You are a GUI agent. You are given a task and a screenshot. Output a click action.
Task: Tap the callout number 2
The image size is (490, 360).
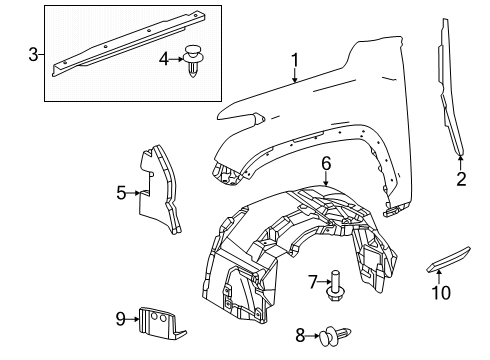pos(461,180)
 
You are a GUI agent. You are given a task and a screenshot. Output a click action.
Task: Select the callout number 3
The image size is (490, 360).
pos(34,53)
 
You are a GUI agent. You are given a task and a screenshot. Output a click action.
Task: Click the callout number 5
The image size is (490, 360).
pos(121,193)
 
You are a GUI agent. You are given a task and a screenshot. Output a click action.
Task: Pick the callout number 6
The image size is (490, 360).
pos(326,163)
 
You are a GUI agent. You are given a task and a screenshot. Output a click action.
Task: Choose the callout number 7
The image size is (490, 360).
pos(311,281)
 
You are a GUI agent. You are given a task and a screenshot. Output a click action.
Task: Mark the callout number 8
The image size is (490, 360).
pos(299,335)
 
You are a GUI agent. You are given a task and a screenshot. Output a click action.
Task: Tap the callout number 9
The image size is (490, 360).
pos(121,319)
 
